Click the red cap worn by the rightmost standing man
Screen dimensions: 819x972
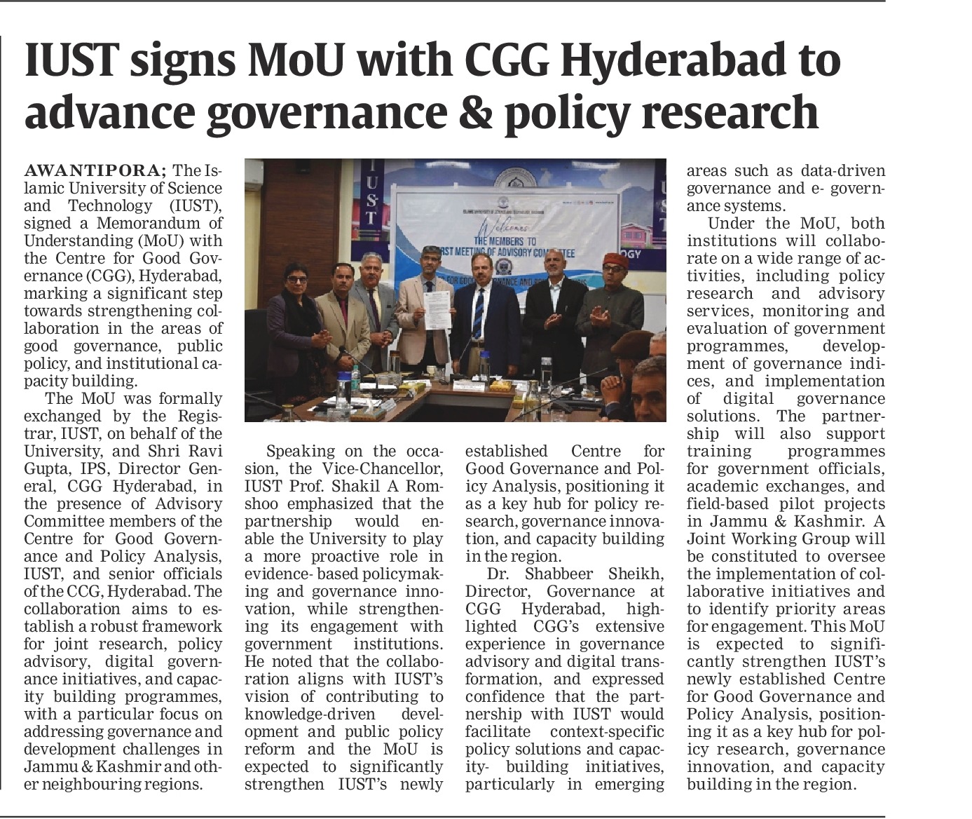[x=615, y=260]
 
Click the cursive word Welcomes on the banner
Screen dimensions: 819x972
[x=502, y=227]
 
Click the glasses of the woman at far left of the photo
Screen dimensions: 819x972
[x=296, y=279]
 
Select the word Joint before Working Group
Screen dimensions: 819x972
[x=711, y=539]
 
